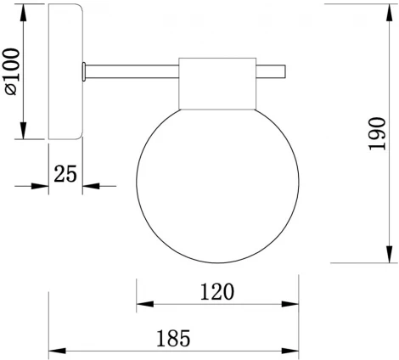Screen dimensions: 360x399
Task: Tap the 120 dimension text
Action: [x=217, y=291]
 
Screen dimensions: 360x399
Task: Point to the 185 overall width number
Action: [x=174, y=339]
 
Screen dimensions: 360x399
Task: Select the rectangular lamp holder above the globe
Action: [x=217, y=84]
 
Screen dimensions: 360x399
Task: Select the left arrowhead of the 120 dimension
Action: [x=143, y=303]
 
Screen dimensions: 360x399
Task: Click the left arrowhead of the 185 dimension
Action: [x=54, y=350]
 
